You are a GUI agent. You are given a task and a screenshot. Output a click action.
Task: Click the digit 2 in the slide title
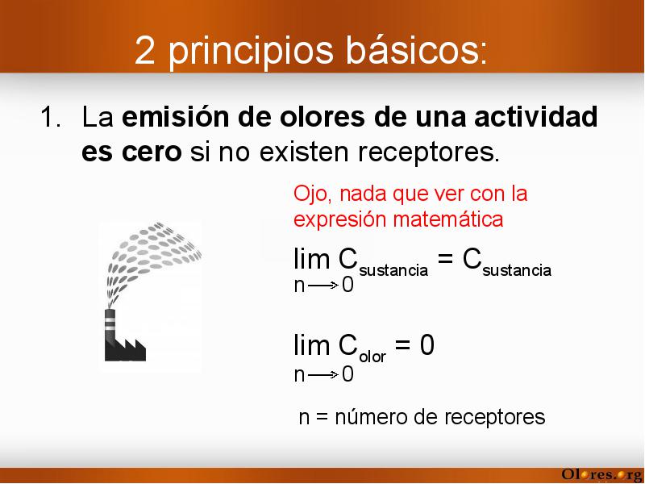(x=144, y=50)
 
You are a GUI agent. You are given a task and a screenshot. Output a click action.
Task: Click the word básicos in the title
(x=416, y=50)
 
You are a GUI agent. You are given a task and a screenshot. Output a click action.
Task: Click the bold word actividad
(x=536, y=116)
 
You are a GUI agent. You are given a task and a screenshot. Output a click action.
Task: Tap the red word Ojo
(x=313, y=194)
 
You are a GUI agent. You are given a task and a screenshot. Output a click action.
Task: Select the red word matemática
(x=448, y=219)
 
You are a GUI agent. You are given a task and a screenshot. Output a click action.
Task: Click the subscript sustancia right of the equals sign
(x=517, y=270)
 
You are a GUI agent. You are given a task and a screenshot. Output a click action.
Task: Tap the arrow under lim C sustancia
(x=323, y=285)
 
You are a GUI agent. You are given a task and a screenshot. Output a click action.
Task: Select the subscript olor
(x=372, y=357)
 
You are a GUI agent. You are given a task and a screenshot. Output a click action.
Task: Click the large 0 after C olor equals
(x=427, y=345)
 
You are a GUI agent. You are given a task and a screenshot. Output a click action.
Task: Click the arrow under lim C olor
(x=323, y=374)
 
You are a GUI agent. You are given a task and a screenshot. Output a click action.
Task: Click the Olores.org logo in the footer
(x=602, y=474)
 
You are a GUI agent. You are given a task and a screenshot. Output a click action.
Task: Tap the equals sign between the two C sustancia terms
(x=445, y=259)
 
